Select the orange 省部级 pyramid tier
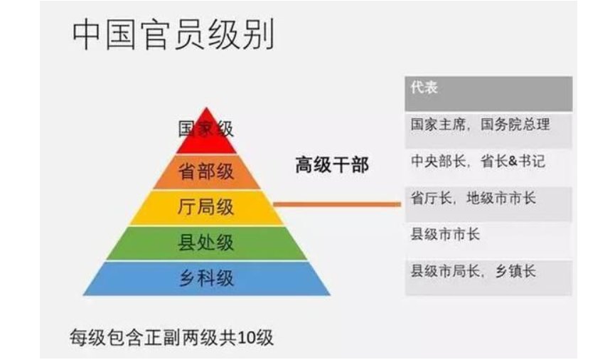click(x=206, y=171)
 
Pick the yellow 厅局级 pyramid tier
click(x=206, y=208)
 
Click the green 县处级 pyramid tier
click(x=206, y=243)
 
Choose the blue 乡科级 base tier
click(x=206, y=278)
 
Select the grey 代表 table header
click(x=488, y=91)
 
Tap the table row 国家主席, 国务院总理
click(x=481, y=125)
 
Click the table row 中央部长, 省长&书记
click(x=478, y=162)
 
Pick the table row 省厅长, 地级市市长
click(x=473, y=198)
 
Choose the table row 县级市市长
click(x=446, y=234)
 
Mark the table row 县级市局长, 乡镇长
click(x=473, y=271)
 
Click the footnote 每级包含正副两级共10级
click(x=171, y=335)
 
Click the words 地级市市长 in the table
click(x=501, y=198)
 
